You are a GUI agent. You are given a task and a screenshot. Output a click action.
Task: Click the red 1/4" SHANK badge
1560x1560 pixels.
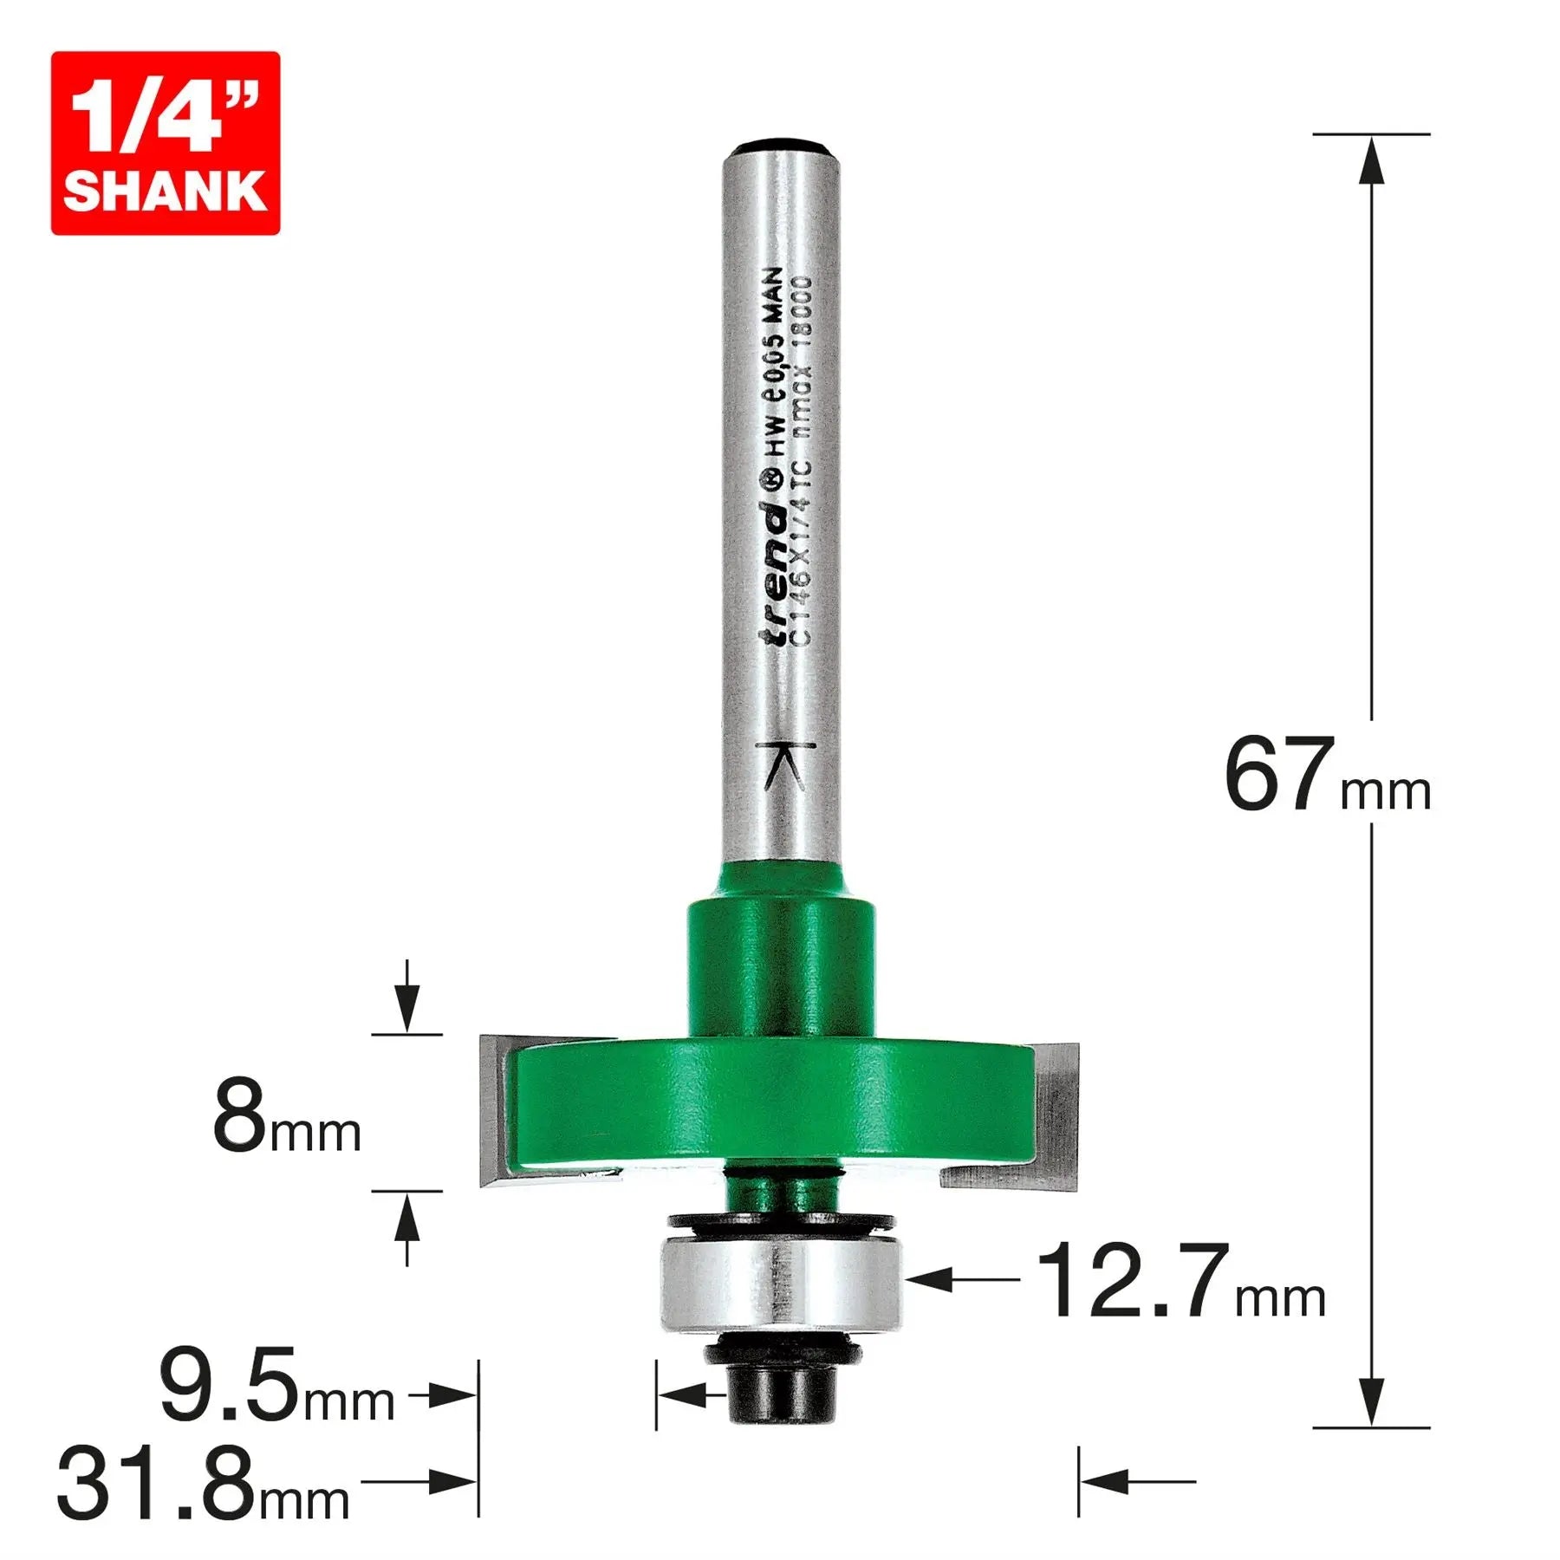tap(165, 143)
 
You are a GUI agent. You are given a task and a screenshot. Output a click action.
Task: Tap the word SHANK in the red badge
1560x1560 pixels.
tap(165, 191)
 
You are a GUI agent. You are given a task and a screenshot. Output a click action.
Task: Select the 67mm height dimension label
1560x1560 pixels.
tap(1326, 776)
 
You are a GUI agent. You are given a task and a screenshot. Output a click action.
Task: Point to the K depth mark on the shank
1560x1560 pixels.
tap(785, 766)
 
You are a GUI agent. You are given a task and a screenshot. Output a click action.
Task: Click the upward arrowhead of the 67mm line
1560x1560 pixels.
tap(1370, 160)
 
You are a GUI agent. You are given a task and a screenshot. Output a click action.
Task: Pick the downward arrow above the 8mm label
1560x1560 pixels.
tap(406, 1010)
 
